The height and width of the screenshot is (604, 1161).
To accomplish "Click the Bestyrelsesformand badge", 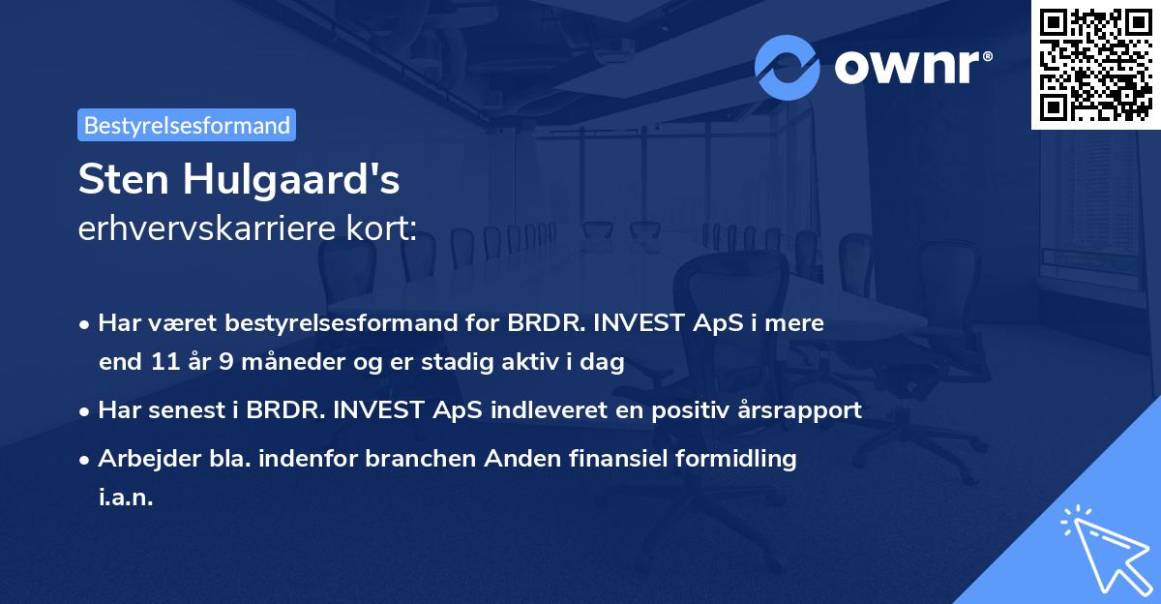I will pos(187,125).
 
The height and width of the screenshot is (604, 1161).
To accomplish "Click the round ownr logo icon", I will pos(788,68).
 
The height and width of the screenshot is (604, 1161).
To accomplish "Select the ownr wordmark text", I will pos(913,68).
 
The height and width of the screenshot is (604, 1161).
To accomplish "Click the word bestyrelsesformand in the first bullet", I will pos(329,323).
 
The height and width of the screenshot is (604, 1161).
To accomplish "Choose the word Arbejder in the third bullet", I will pos(142,459).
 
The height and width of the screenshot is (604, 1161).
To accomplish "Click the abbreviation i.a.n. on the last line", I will pos(126,498).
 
